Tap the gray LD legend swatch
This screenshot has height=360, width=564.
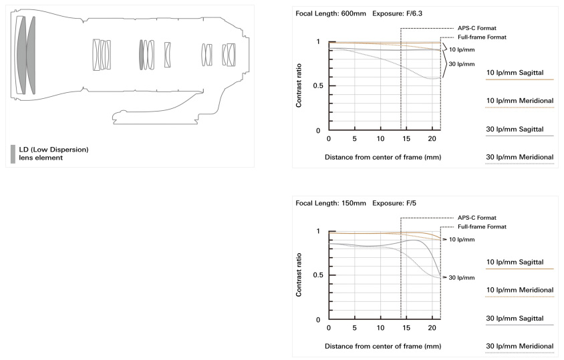pyautogui.click(x=13, y=154)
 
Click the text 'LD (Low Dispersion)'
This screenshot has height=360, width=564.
pyautogui.click(x=53, y=150)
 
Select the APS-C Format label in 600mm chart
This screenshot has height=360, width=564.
pyautogui.click(x=476, y=28)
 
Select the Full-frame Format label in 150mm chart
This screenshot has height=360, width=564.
pyautogui.click(x=482, y=226)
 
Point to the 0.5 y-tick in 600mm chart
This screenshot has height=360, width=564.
pyautogui.click(x=318, y=86)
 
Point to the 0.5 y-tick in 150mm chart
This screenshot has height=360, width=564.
pyautogui.click(x=318, y=275)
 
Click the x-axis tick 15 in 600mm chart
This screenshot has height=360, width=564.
pyautogui.click(x=406, y=139)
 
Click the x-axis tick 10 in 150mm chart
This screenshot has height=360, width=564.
pyautogui.click(x=380, y=328)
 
